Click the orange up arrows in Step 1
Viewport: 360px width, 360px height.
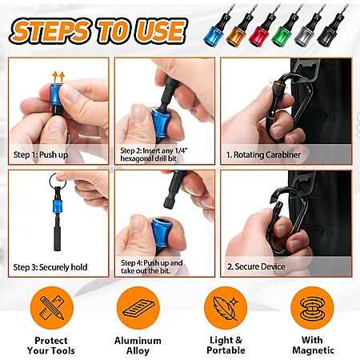pos(58,78)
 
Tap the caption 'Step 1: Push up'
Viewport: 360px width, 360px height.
pos(41,154)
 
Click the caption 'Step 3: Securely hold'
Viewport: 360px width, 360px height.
pos(50,267)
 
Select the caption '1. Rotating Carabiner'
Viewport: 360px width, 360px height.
pos(263,154)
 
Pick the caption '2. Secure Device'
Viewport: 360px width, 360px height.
pos(256,266)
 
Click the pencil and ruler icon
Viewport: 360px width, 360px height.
pos(52,308)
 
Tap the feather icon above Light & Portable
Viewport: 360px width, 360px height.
pos(226,308)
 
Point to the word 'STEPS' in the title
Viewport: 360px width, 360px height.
pos(50,31)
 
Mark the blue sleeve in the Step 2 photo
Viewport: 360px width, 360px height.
pos(159,123)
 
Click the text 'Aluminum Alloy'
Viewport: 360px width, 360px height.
pos(138,346)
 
